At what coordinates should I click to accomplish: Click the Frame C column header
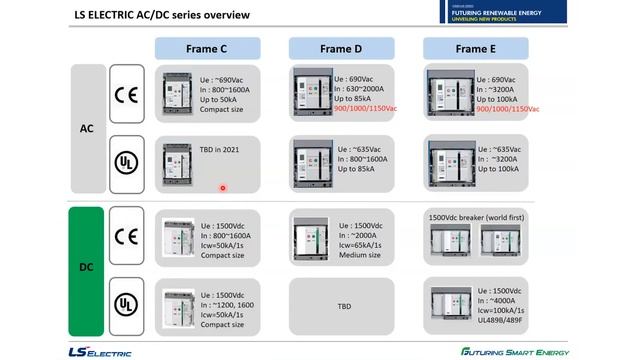click(208, 47)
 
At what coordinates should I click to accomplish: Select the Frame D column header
click(341, 47)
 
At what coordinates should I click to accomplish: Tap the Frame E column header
click(476, 47)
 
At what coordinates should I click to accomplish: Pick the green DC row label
click(87, 269)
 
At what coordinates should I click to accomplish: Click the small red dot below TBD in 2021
click(222, 187)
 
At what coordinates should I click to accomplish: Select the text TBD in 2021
click(221, 149)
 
